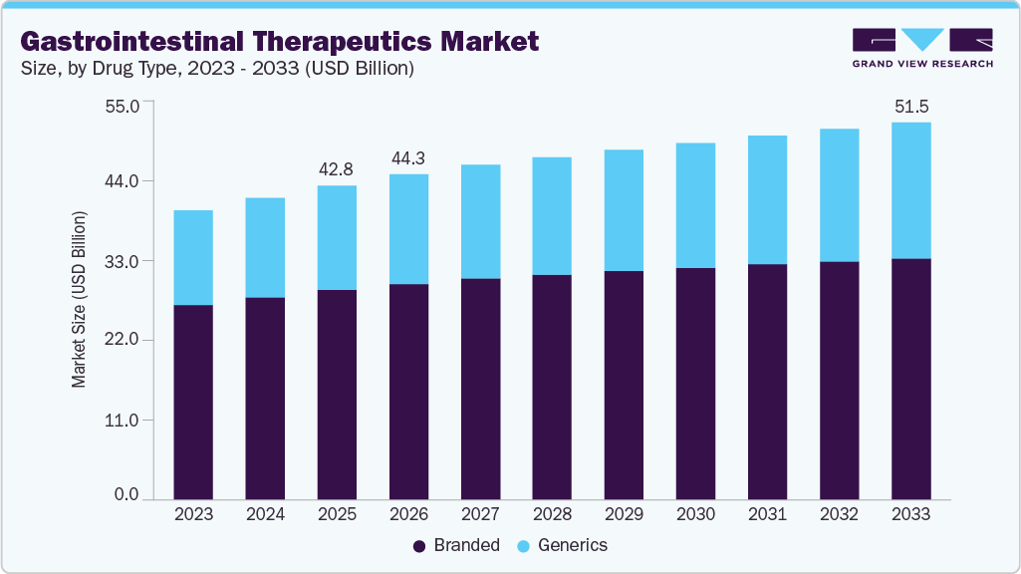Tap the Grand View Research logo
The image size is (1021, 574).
[x=922, y=47]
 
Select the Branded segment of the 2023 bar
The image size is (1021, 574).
[x=193, y=402]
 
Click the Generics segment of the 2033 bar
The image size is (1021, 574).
[x=910, y=190]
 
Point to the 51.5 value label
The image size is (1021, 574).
[x=911, y=106]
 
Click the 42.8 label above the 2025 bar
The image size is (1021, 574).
[x=337, y=169]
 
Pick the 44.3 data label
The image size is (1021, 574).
[x=408, y=157]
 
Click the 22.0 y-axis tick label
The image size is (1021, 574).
[x=125, y=340]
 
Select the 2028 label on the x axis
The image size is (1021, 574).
[x=552, y=515]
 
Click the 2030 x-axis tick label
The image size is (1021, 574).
[x=695, y=515]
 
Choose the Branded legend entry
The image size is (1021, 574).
[x=455, y=545]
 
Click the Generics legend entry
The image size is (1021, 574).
[x=563, y=545]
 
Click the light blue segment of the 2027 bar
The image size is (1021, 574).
[x=480, y=221]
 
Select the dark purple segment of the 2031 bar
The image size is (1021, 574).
[x=767, y=381]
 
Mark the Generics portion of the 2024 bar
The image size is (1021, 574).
[x=265, y=247]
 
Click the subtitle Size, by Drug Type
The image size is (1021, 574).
[x=217, y=69]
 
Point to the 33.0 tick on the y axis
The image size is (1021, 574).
[x=125, y=261]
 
